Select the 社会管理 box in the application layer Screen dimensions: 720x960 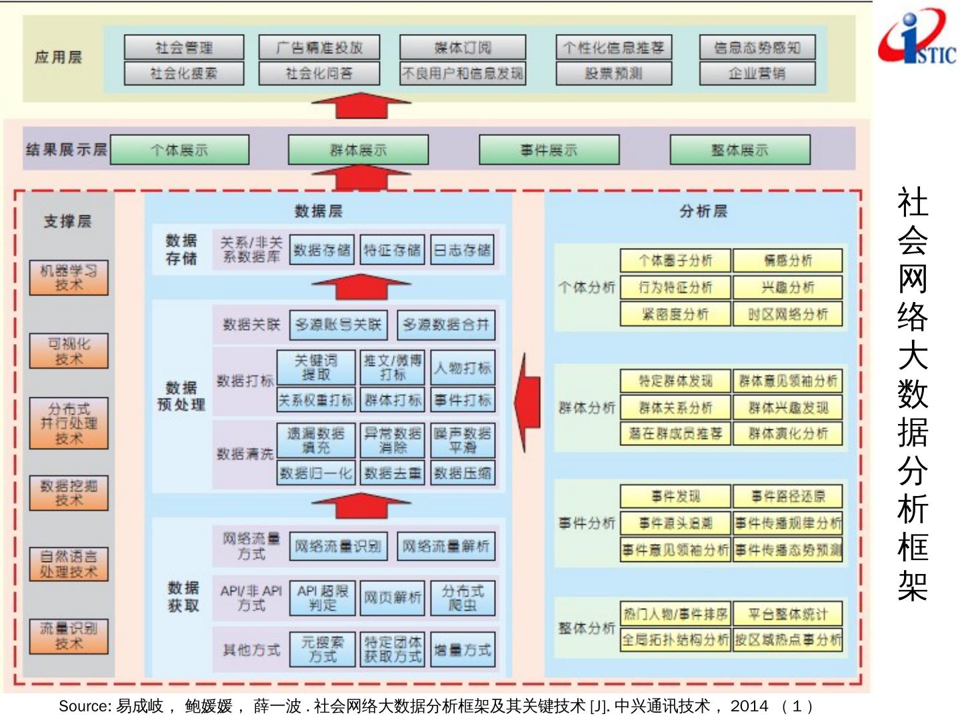184,47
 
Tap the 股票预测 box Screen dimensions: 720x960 614,73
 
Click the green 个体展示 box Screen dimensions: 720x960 179,150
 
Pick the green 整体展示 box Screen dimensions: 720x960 740,150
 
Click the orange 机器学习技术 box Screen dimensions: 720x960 69,278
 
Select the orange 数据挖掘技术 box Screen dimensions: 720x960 69,493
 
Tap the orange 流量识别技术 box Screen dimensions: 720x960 69,636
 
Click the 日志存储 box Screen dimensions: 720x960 462,250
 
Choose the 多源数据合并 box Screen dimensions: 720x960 446,325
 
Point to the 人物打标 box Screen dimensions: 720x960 463,368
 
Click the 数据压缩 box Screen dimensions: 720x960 463,473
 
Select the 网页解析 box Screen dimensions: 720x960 393,598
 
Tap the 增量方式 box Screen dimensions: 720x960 463,650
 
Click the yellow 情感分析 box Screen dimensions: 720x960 788,261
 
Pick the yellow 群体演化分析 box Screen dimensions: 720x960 788,434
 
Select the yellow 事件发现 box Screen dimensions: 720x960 675,496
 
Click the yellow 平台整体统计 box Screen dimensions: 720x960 788,614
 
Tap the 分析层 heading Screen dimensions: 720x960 703,211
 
